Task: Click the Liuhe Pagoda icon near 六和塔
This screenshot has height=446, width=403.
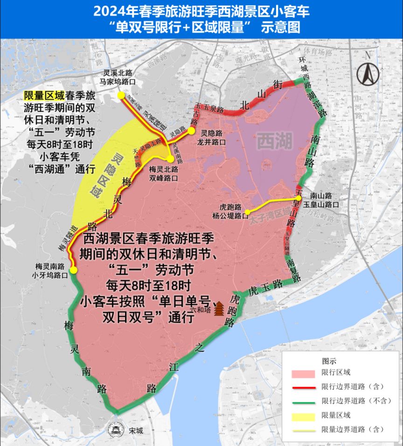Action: (x=219, y=308)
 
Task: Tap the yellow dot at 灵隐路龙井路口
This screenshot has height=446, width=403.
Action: (x=191, y=131)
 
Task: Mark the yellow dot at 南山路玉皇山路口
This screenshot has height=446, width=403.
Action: (x=299, y=198)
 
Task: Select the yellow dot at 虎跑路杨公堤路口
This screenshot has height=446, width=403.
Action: (x=247, y=213)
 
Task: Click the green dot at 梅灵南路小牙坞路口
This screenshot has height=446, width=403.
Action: (x=73, y=270)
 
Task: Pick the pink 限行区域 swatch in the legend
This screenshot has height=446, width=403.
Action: (x=303, y=373)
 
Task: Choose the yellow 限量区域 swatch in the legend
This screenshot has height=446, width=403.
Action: (x=303, y=415)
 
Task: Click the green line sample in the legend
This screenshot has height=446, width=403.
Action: (x=303, y=401)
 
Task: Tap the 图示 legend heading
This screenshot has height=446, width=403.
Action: (x=329, y=361)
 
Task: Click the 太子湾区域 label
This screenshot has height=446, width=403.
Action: (x=268, y=217)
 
